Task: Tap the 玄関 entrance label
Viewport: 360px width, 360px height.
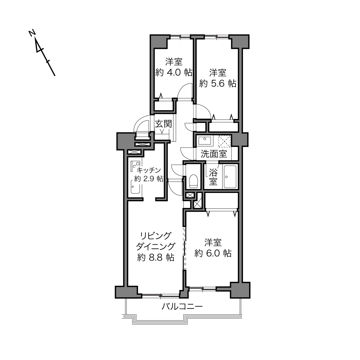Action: (x=163, y=124)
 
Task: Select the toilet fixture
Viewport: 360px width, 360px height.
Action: (x=193, y=181)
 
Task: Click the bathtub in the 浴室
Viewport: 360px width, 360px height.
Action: (x=230, y=177)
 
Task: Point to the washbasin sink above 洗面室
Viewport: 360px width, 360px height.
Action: (x=205, y=141)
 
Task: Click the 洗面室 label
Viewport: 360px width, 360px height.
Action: (x=214, y=154)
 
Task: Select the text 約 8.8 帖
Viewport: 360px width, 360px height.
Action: (x=156, y=258)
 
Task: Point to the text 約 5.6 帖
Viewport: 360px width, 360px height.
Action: (x=218, y=83)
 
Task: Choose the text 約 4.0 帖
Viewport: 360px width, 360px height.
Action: (x=174, y=72)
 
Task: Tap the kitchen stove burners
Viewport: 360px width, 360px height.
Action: (x=136, y=166)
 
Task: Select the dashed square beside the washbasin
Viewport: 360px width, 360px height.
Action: (x=225, y=141)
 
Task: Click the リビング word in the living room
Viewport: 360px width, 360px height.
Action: (x=156, y=235)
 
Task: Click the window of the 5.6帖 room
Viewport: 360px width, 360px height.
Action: (x=217, y=37)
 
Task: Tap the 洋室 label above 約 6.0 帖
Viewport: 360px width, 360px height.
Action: (x=213, y=242)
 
